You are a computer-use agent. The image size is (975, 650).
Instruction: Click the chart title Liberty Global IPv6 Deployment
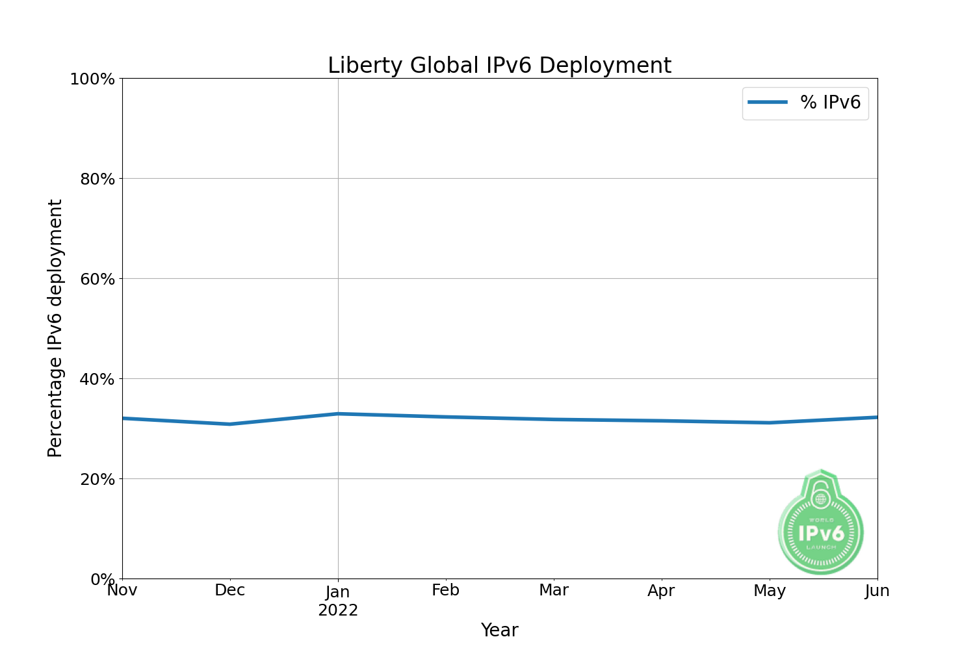coord(499,66)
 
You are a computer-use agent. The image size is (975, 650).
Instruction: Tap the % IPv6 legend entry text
coord(830,103)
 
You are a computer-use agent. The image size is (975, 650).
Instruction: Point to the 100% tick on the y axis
coord(92,79)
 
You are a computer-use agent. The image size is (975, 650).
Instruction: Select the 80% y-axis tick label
coord(97,179)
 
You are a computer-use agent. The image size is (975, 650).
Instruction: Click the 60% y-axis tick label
coord(97,279)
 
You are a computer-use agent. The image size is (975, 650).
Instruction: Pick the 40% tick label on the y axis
coord(97,380)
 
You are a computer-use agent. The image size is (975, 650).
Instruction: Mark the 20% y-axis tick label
coord(97,480)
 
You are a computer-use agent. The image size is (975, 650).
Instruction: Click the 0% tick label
coord(103,579)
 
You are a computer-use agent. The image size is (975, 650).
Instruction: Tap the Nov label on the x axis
coord(122,590)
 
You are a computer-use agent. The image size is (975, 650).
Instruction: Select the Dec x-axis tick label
coord(230,590)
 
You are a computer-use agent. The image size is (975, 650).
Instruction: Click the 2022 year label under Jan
coord(338,611)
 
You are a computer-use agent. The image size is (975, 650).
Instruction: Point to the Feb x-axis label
coord(446,590)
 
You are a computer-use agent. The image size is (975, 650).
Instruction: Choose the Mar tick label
coord(554,590)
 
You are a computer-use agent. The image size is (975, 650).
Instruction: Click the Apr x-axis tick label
coord(662,590)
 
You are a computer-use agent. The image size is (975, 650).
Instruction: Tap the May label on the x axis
coord(770,591)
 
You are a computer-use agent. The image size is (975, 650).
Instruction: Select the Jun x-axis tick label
coord(877,590)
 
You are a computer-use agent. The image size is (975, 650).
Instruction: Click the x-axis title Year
coord(499,630)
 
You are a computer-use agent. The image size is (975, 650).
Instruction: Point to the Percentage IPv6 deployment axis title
coord(55,328)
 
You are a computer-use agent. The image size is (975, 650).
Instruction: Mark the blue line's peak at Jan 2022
coord(338,413)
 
